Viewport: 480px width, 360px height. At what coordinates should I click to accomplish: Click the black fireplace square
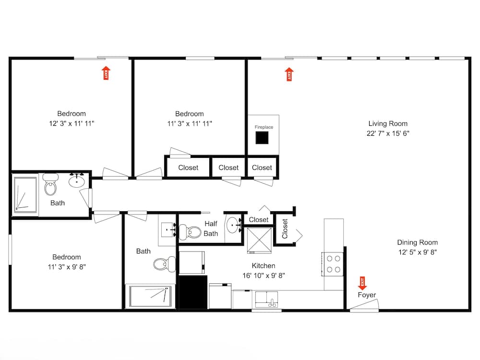point(262,138)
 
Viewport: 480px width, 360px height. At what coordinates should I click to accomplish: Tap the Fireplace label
point(264,127)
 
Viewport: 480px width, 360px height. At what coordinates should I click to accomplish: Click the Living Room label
point(388,123)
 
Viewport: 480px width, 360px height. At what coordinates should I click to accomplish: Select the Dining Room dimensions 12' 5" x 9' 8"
point(417,252)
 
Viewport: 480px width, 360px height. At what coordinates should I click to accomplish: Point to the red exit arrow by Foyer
point(362,283)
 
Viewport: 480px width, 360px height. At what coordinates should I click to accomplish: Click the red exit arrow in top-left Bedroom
point(106,73)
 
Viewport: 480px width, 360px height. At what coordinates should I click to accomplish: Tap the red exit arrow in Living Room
point(289,74)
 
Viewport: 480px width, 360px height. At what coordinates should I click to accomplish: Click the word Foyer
point(367,295)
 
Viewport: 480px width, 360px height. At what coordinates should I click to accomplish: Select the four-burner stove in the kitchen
point(334,264)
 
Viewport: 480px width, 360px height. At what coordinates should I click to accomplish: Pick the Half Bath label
point(211,228)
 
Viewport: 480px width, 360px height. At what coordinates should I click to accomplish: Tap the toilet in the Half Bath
point(194,232)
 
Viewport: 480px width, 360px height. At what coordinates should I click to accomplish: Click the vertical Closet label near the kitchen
point(285,229)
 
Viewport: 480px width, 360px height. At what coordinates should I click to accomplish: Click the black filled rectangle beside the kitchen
point(193,292)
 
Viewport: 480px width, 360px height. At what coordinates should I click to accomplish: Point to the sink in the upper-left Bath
point(77,181)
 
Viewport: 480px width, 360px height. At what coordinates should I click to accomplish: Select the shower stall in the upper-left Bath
point(25,194)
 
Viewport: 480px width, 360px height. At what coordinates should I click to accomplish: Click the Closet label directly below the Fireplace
point(262,168)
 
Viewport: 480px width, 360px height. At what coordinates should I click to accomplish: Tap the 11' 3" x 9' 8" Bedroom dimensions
point(67,266)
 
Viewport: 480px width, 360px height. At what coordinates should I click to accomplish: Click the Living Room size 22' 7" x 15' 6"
point(388,133)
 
